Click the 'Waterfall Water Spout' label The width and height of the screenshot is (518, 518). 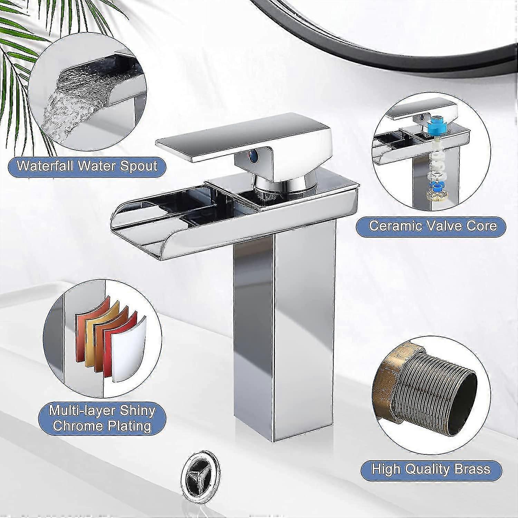pos(87,166)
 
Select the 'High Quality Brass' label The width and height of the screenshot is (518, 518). pos(431,469)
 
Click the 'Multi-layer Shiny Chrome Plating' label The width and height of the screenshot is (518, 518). pos(102,419)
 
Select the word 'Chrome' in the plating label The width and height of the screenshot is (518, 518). pos(78,426)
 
